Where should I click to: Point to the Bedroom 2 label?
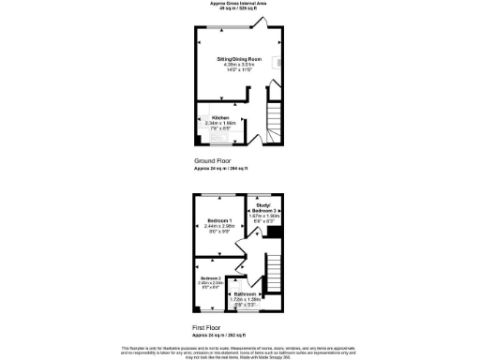pyautogui.click(x=210, y=278)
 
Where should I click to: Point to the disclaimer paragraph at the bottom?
pyautogui.click(x=239, y=350)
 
